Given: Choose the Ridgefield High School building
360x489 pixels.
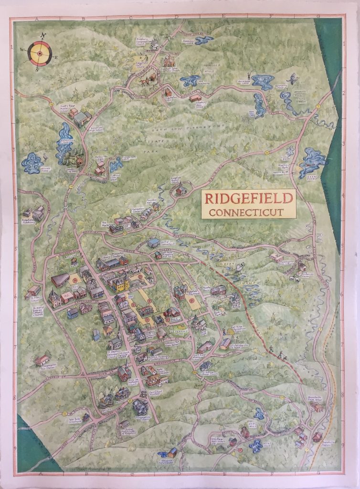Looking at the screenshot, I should pyautogui.click(x=82, y=118).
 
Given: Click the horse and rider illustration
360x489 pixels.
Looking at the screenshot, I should pyautogui.click(x=144, y=82).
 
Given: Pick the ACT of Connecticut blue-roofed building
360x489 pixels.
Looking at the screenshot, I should pyautogui.click(x=153, y=243).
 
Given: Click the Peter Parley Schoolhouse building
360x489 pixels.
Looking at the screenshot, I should pyautogui.click(x=85, y=417).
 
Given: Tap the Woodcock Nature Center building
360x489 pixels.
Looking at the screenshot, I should pyautogui.click(x=172, y=452).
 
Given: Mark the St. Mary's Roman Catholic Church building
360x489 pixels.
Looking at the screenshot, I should pyautogui.click(x=55, y=299).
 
